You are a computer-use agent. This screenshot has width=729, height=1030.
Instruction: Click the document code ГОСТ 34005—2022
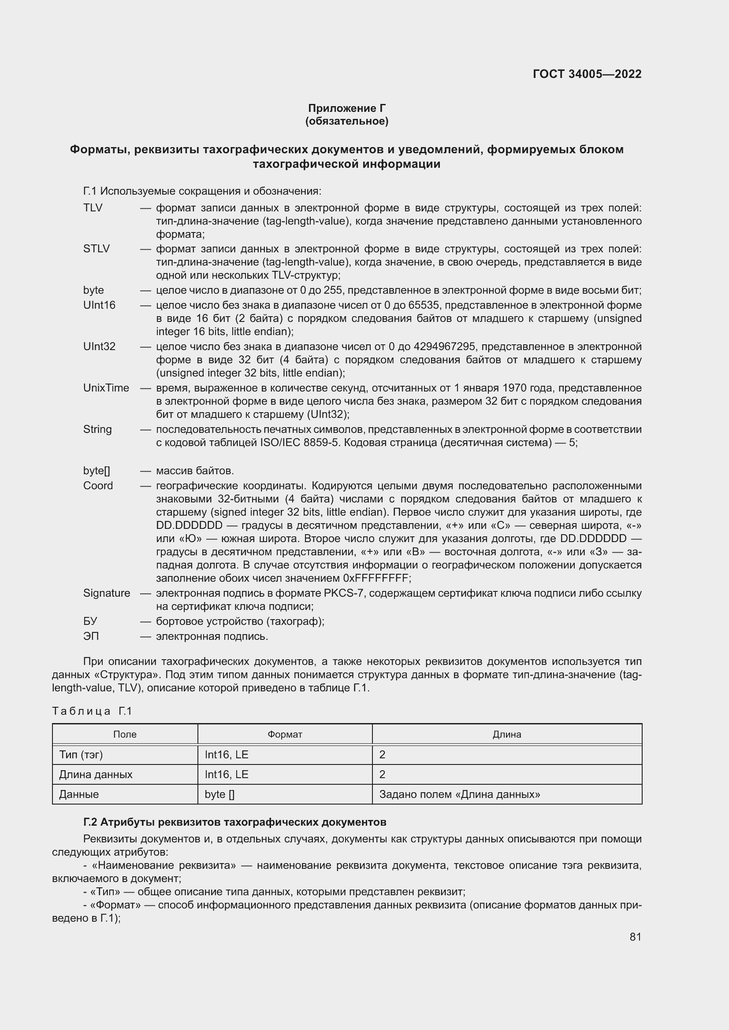587,74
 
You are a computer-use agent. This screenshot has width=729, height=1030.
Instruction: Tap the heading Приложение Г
346,108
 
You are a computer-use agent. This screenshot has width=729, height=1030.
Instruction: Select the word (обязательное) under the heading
346,121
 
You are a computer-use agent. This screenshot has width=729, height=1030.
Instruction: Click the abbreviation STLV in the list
96,248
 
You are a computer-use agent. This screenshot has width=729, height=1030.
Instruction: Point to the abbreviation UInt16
99,305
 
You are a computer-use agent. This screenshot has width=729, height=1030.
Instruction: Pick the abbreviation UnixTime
106,388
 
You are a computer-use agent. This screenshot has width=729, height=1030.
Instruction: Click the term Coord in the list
98,485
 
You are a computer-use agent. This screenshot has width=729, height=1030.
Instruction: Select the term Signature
106,593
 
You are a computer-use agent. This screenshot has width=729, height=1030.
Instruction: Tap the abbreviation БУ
90,621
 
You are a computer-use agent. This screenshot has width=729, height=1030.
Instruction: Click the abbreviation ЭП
91,636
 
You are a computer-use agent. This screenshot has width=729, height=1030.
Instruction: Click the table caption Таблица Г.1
92,711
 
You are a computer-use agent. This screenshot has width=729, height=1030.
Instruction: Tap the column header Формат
285,735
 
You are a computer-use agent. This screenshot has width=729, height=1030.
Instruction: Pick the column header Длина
507,735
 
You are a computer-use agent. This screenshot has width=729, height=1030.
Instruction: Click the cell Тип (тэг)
81,755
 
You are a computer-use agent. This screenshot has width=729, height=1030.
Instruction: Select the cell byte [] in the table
219,794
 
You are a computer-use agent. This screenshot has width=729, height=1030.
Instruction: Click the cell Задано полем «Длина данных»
459,794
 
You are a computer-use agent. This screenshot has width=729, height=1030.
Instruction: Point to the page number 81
635,937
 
